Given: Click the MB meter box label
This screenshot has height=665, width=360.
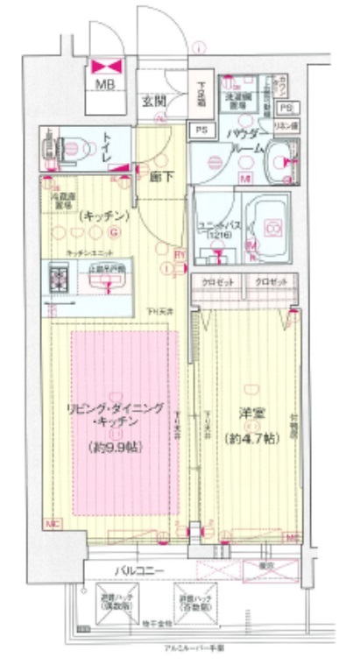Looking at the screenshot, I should (104, 85).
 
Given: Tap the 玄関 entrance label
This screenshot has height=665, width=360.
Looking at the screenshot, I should (153, 101).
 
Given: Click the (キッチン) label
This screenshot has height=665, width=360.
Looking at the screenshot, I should (103, 215).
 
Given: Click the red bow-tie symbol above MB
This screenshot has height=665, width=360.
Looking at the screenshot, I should (105, 65).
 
